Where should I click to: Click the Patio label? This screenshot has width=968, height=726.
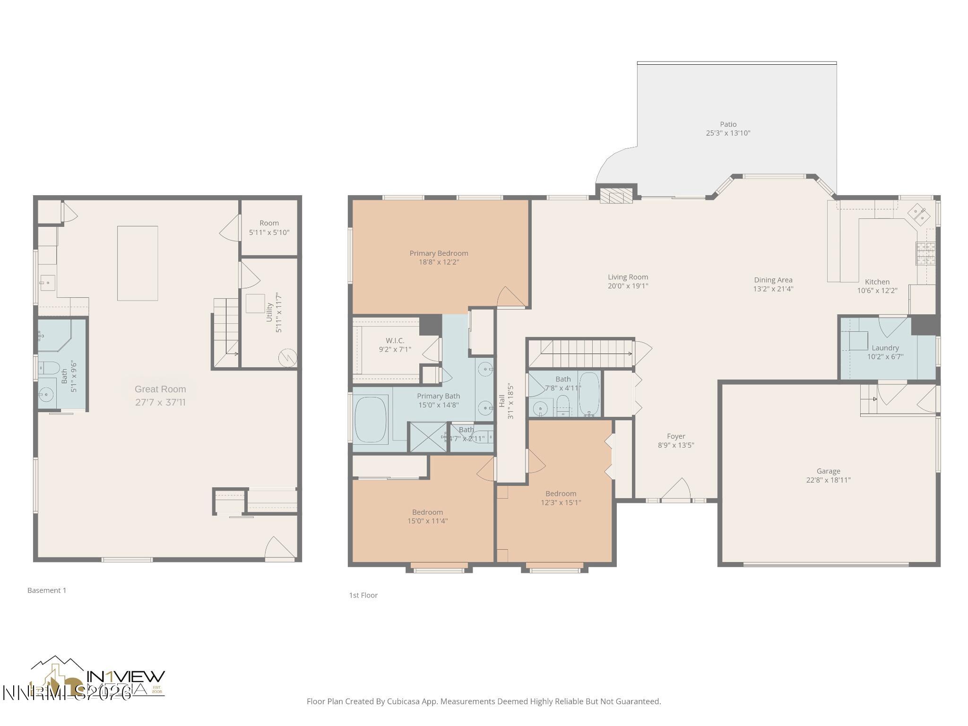728,124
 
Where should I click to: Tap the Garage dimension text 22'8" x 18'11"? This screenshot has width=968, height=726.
828,480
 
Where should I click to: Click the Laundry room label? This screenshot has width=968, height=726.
885,348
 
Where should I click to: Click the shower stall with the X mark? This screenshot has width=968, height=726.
427,437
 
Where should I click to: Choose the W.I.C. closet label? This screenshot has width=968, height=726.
395,340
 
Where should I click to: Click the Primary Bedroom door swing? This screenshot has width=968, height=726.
510,298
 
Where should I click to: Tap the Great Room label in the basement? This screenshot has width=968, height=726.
160,389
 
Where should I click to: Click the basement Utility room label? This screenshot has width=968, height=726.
269,312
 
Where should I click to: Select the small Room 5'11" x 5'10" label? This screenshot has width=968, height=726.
269,227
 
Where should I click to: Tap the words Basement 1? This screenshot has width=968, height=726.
47,590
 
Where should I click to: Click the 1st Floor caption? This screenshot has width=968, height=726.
363,595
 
